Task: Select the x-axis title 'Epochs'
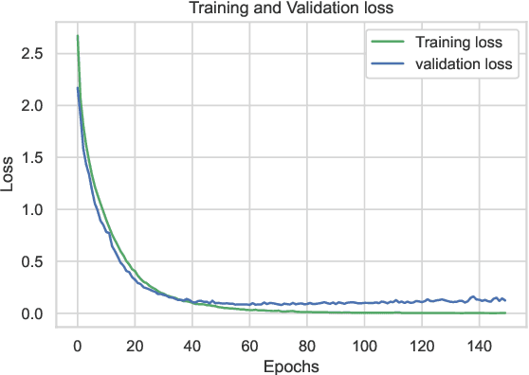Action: [x=291, y=366]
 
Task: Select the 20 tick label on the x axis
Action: [x=135, y=343]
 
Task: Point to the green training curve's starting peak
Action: [x=78, y=37]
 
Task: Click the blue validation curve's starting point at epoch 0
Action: [x=78, y=88]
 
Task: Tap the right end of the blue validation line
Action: [x=504, y=300]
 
